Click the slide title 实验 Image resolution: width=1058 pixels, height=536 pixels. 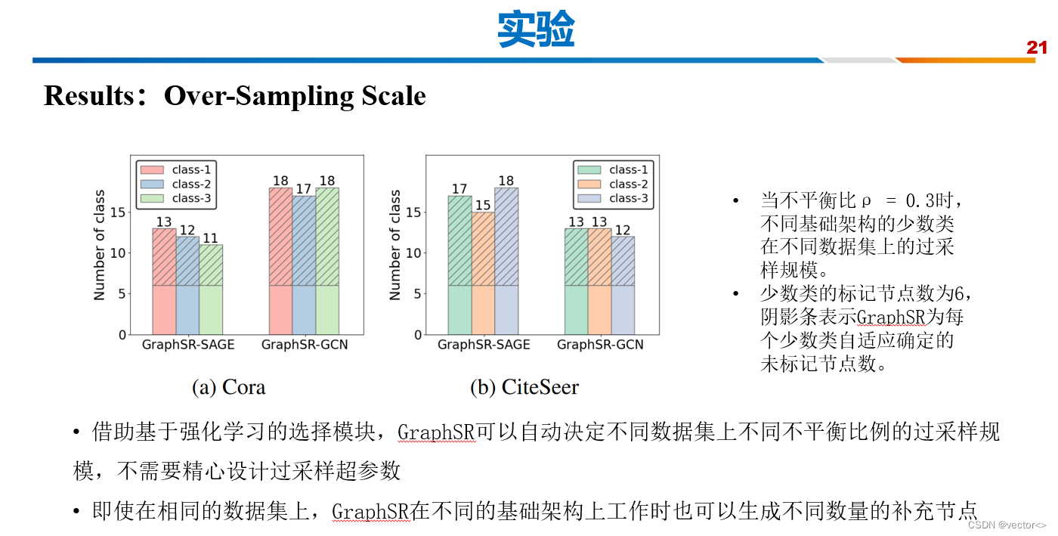point(536,31)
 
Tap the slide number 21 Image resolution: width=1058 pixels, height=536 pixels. point(1036,48)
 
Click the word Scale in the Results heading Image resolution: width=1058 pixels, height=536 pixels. point(391,96)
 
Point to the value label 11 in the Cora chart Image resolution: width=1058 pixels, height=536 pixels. point(211,238)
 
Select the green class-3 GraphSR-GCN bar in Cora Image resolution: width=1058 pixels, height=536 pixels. point(327,261)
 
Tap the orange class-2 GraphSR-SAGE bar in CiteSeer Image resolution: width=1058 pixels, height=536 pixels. point(483,273)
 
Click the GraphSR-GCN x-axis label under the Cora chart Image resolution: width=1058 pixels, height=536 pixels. point(305,345)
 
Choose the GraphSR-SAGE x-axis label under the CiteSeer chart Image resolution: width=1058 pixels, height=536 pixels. point(484,345)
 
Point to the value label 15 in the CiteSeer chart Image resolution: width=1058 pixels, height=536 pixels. point(483,206)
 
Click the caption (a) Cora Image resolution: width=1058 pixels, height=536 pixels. point(228,388)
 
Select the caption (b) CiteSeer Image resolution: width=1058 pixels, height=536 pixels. point(524,388)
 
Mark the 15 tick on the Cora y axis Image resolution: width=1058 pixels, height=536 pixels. point(118,212)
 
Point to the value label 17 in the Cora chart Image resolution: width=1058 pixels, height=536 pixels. point(305,189)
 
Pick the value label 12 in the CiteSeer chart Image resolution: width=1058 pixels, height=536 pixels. point(623,230)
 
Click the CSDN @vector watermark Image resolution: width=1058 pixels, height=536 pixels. point(1007,525)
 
